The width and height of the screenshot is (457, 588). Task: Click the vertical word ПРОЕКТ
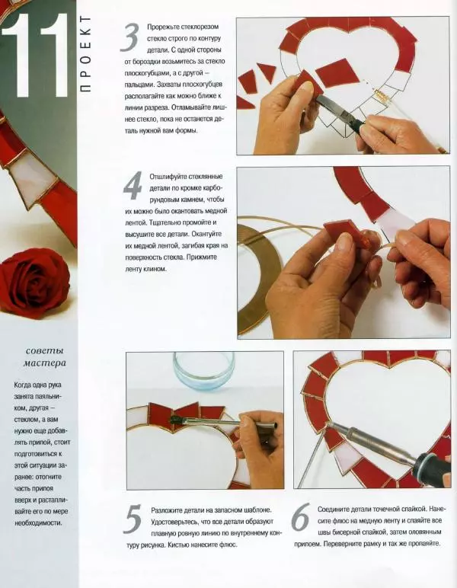point(86,54)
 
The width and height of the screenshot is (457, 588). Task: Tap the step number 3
point(130,37)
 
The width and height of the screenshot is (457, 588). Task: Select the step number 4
point(133,185)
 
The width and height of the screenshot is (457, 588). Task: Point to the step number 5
point(133,519)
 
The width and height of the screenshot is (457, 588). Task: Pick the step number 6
point(301,516)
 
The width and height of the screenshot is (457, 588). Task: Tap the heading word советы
point(45,351)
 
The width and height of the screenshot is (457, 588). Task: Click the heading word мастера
point(45,363)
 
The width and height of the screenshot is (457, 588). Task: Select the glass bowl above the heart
point(203,372)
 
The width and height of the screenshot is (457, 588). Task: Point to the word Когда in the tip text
point(23,385)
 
